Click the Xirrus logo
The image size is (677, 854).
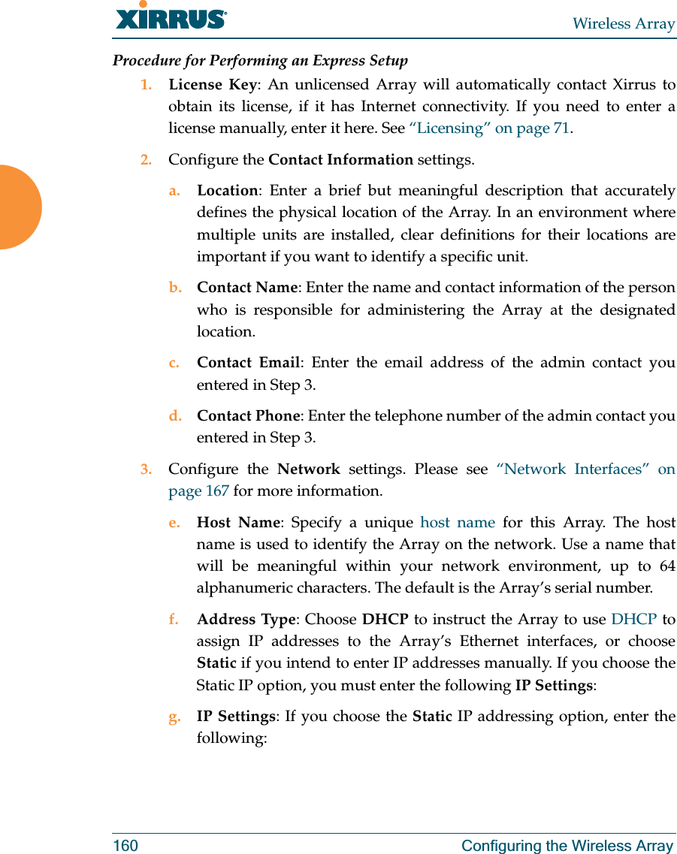(x=171, y=17)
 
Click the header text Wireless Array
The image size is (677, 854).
(x=623, y=23)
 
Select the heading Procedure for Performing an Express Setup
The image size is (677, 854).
(x=260, y=60)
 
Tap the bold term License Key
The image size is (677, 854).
(x=212, y=84)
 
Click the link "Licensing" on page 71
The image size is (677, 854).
(x=488, y=128)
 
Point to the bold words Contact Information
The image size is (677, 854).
(x=340, y=159)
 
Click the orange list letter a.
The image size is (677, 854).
(x=174, y=191)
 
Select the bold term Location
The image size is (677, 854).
(x=227, y=191)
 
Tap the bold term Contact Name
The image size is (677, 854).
(x=247, y=288)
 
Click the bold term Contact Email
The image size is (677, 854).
(x=249, y=363)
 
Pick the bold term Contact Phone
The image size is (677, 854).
(x=248, y=415)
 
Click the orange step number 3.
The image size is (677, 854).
(x=146, y=469)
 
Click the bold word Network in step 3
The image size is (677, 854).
(x=309, y=469)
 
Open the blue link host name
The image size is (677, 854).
(x=457, y=522)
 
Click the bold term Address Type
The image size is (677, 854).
(x=246, y=620)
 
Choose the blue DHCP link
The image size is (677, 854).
(x=633, y=620)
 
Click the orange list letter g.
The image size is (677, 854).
(x=174, y=717)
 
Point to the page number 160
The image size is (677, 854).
(x=125, y=846)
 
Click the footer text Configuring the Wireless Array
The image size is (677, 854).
(x=567, y=846)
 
